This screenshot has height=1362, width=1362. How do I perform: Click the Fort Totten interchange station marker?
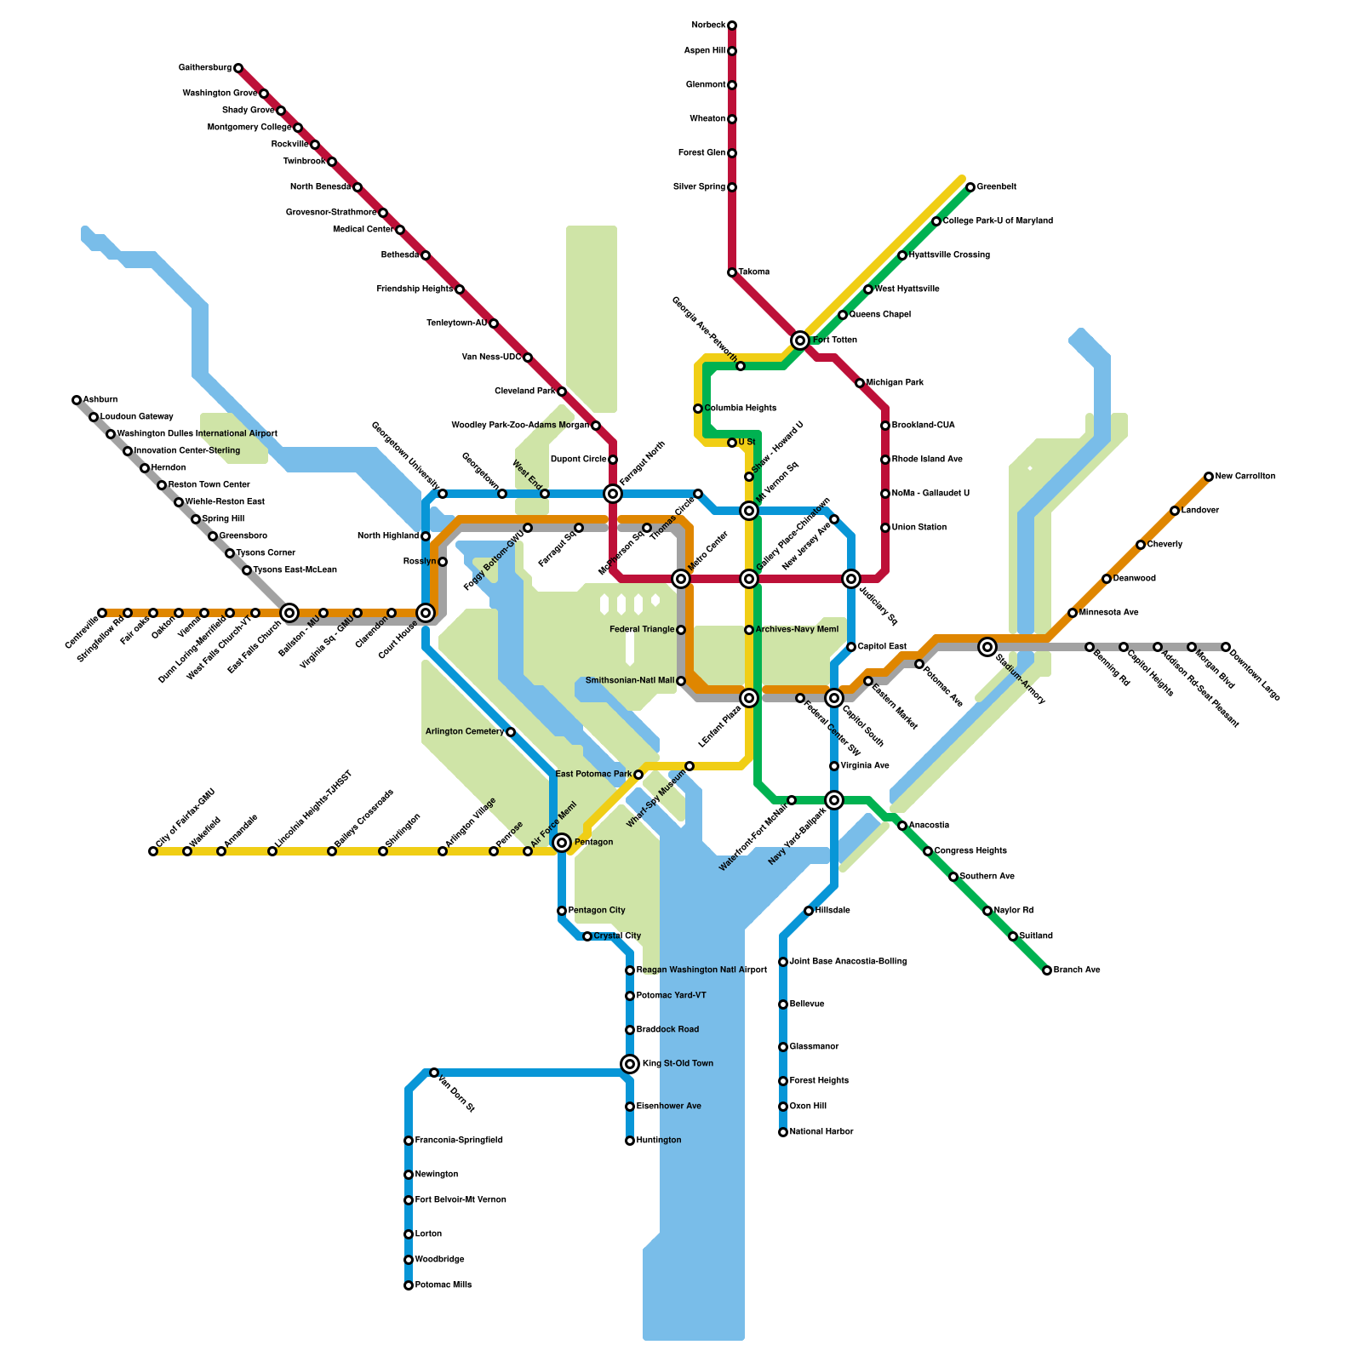(799, 340)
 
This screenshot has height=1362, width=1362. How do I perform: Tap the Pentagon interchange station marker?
(562, 843)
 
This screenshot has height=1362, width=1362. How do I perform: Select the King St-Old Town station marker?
(630, 1064)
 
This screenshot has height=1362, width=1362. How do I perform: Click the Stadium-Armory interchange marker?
(987, 647)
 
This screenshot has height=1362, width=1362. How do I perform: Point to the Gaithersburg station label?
(205, 68)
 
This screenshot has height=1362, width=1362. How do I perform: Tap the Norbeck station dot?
(732, 26)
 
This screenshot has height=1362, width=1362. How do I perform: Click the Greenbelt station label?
(997, 187)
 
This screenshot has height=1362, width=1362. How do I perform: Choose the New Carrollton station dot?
(1209, 477)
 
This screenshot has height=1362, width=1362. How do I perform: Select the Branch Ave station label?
(1077, 970)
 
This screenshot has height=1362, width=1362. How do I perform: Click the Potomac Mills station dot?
(409, 1285)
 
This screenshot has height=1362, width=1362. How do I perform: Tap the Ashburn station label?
(100, 400)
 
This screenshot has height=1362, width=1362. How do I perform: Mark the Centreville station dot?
(102, 613)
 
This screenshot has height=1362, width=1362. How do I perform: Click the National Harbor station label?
(821, 1132)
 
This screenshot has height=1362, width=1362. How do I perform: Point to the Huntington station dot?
(630, 1141)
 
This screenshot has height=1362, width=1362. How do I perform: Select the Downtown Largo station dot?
(1226, 647)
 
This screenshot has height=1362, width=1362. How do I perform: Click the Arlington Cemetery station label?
(465, 732)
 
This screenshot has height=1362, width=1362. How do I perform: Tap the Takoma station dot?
(732, 272)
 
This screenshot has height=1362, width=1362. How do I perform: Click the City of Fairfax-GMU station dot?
(153, 851)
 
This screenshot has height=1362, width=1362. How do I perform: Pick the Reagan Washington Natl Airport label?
(701, 970)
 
